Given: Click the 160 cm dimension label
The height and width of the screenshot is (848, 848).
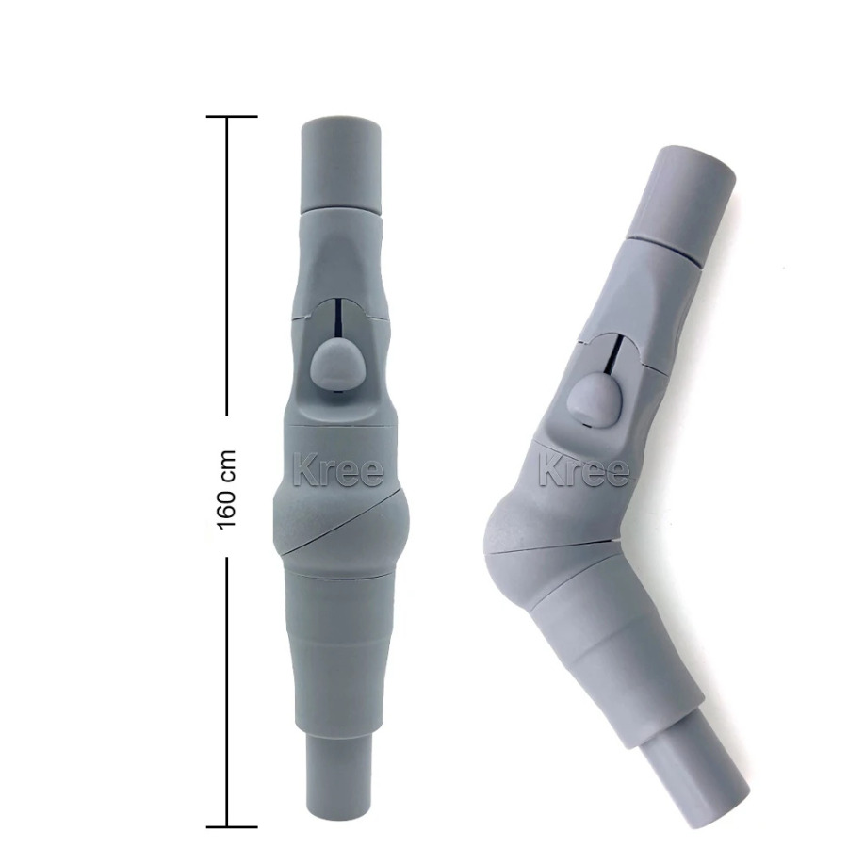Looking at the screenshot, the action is [226, 489].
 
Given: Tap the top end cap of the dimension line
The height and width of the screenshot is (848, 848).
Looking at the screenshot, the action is [232, 116].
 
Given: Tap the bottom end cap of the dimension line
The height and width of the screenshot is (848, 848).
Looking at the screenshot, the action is [232, 827].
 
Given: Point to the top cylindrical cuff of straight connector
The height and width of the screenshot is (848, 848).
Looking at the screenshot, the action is [341, 164].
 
